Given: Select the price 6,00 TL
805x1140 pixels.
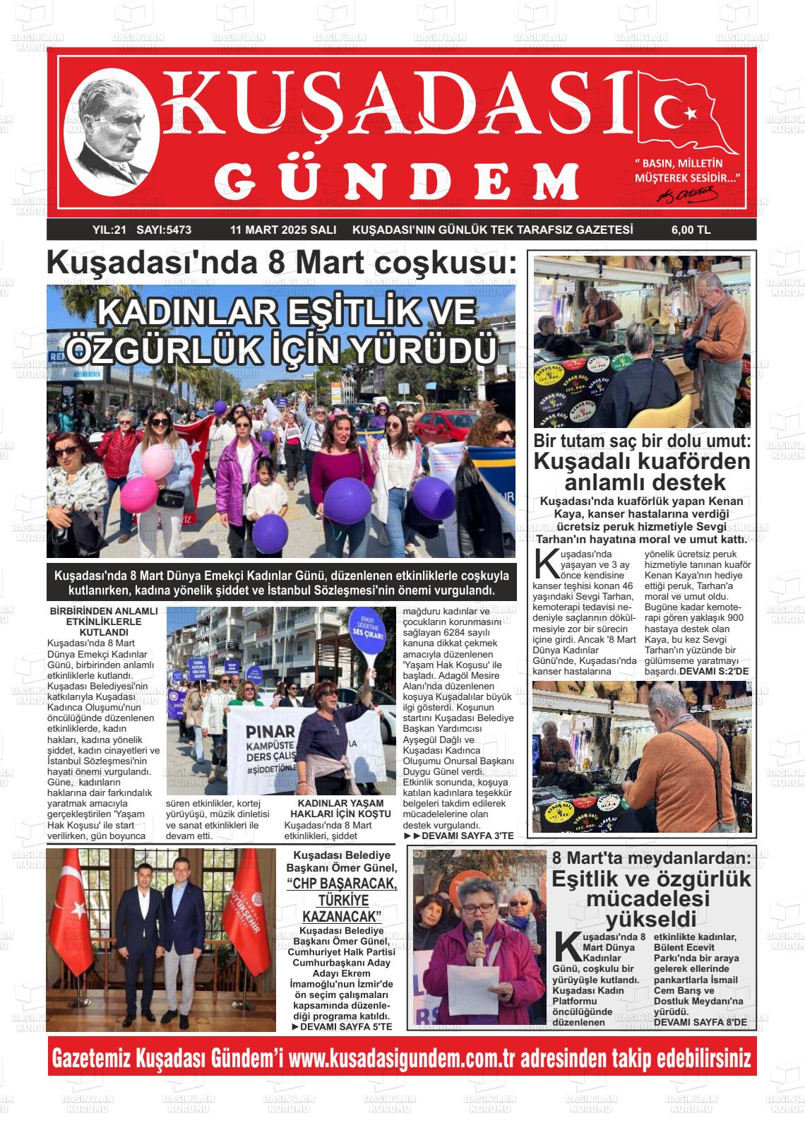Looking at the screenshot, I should (691, 230).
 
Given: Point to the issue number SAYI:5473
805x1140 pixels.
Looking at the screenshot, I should (164, 230).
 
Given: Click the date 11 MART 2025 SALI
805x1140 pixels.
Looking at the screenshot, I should (282, 230).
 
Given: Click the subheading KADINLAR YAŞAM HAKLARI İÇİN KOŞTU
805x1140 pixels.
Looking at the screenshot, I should (340, 809).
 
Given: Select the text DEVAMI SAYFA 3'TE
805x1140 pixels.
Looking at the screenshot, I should (459, 836).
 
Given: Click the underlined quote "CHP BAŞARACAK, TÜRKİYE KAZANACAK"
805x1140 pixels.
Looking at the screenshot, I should (342, 901).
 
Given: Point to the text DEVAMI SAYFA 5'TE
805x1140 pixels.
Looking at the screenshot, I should (342, 1026).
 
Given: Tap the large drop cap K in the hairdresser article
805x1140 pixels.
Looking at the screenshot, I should (545, 562).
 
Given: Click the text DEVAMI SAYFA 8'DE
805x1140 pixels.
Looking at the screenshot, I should (700, 1021).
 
